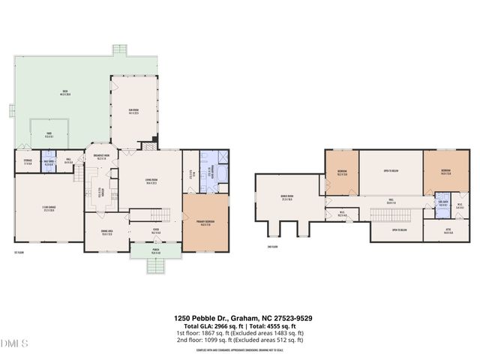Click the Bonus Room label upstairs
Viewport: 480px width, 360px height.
click(x=286, y=199)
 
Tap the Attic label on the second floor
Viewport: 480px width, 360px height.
click(x=448, y=232)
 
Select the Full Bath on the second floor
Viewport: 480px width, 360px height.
click(x=442, y=205)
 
